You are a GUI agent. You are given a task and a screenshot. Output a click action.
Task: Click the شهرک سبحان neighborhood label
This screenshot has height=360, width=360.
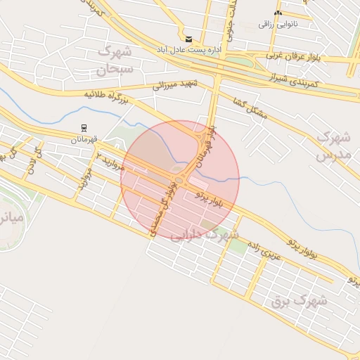coord(114,60)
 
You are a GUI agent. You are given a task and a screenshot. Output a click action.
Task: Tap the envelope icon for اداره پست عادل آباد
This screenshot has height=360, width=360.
coord(188,39)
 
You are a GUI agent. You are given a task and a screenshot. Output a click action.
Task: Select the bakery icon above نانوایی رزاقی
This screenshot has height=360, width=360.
coord(278,13)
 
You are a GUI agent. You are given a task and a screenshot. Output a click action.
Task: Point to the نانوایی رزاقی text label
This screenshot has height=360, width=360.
coord(278,25)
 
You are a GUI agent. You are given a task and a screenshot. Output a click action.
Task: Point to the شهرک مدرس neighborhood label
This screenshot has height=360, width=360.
coord(333,145)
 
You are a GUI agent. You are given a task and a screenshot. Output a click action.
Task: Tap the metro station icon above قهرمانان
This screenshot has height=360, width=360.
coord(84,127)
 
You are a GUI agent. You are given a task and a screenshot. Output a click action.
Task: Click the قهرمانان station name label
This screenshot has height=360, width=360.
coord(84,139)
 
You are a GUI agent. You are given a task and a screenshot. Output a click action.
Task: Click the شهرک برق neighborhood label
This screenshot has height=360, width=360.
coord(299,301)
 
